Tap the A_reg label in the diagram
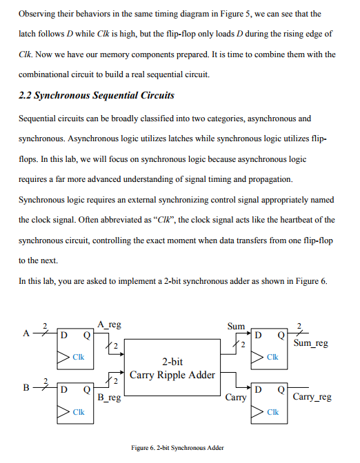(x=110, y=325)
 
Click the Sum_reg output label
(x=310, y=342)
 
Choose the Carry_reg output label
(x=312, y=398)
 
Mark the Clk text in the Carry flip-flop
(x=272, y=412)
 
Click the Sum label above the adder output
(x=236, y=325)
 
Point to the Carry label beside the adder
(x=236, y=398)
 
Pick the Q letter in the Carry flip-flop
(x=281, y=389)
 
